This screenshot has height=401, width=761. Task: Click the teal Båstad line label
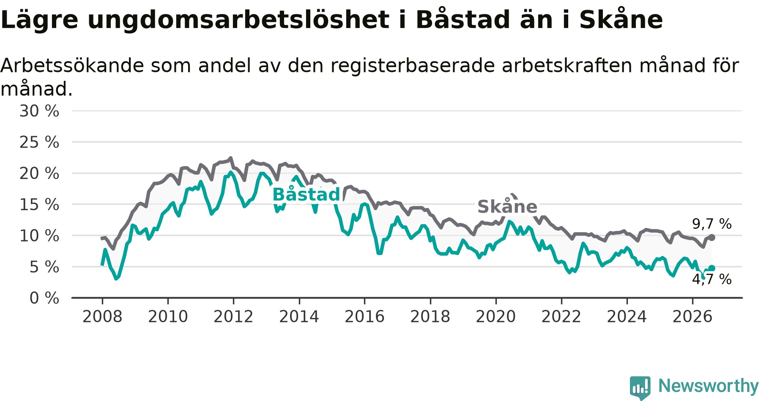tap(306, 195)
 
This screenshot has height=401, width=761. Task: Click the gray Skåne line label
tap(507, 206)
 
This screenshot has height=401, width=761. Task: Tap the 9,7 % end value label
tap(712, 224)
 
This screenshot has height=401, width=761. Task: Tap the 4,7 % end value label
tap(712, 279)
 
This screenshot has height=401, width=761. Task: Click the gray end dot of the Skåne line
tap(712, 238)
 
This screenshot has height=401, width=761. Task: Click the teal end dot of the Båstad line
tap(712, 268)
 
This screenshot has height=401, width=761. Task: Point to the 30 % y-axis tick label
tap(39, 111)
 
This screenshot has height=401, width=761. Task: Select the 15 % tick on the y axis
tap(39, 205)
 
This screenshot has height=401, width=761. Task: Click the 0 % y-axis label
tap(44, 298)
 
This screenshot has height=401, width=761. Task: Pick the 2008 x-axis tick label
tap(102, 316)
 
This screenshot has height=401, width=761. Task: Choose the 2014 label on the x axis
tap(299, 316)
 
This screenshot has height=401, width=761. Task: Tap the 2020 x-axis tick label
tap(496, 316)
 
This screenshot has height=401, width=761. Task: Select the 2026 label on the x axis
tap(693, 316)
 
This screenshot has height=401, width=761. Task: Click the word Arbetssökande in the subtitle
tap(72, 66)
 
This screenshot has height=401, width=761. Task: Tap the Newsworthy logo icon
tap(640, 387)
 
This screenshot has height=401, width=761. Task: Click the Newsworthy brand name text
tap(709, 386)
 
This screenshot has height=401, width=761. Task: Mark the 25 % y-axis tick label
tap(39, 143)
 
